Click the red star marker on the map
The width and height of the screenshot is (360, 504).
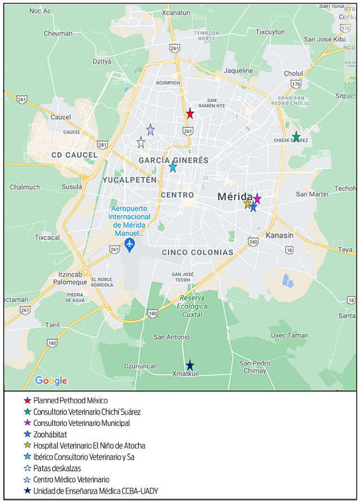pos(190,114)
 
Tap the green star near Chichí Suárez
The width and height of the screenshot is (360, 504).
pos(296,137)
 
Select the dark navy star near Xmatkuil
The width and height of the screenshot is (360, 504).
pos(190,365)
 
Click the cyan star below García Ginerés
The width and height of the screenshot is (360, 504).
pos(172,167)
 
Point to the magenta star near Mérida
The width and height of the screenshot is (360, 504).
pos(257,199)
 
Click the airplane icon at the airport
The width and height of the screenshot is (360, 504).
pos(130,244)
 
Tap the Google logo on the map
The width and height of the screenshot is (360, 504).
pos(51,381)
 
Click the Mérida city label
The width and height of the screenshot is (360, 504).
pos(235,197)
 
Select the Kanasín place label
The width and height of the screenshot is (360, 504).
pos(279,235)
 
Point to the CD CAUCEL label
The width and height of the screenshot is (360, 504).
pos(74,155)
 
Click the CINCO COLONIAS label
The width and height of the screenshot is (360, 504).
pos(197,253)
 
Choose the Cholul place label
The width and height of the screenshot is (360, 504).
pos(293,73)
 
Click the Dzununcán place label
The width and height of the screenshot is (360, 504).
pos(141,366)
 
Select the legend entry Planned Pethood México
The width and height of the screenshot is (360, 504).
pos(71,400)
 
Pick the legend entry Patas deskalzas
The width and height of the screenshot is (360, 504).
pos(57,468)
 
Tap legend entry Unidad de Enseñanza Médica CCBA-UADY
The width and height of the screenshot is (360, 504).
pos(96,491)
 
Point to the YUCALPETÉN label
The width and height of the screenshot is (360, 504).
pos(129,180)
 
